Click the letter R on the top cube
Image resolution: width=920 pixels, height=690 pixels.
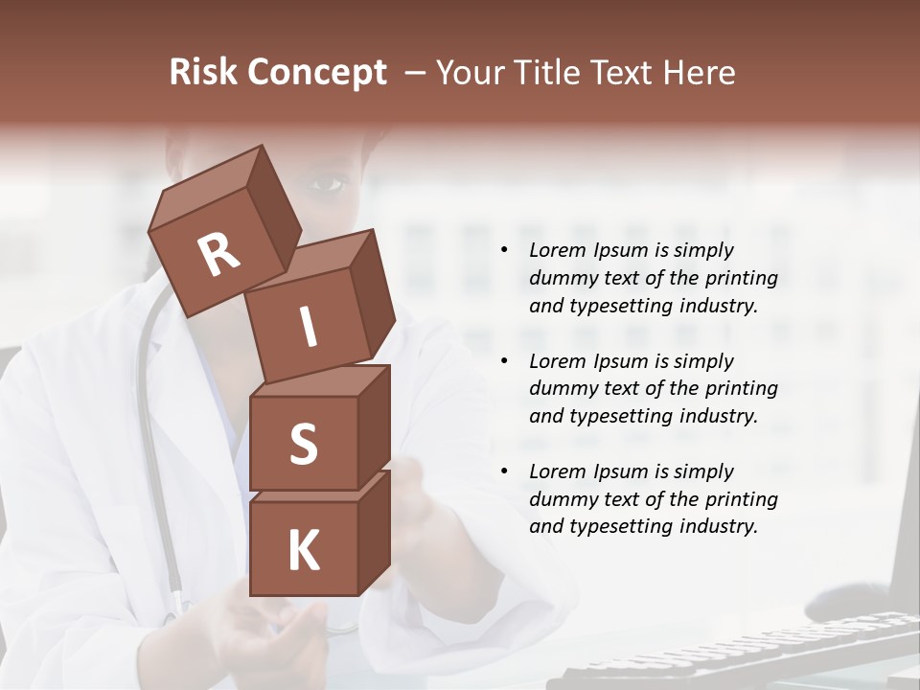click(218, 255)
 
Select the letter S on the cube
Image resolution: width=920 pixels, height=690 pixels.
click(303, 444)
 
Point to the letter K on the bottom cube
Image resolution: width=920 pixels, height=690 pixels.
click(303, 551)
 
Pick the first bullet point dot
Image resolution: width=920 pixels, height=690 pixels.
click(504, 250)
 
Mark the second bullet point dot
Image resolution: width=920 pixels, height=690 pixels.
click(504, 361)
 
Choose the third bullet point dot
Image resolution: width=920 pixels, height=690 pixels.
click(504, 471)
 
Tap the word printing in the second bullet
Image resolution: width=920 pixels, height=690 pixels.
click(742, 389)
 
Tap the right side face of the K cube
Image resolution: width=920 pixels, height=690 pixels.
click(374, 532)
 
